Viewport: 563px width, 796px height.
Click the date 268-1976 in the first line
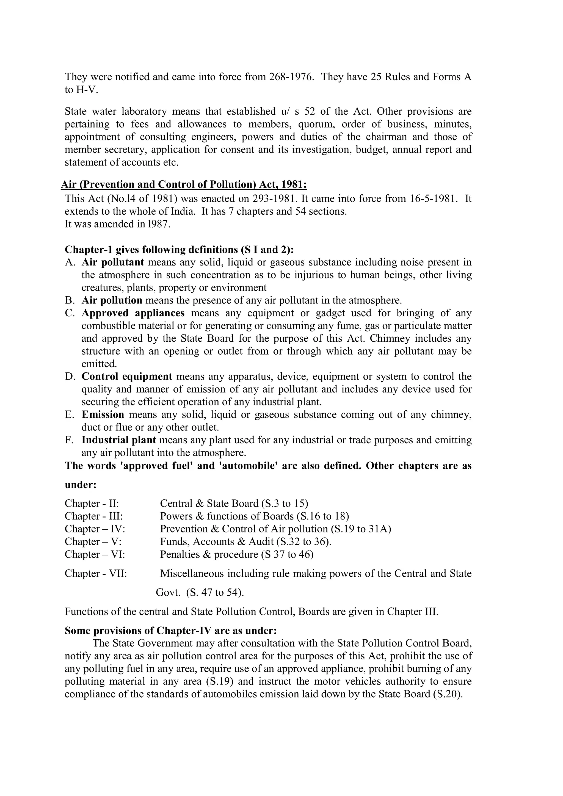[x=292, y=77]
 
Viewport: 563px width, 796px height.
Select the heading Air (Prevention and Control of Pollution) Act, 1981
[x=184, y=184]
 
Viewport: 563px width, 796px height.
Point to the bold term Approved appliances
[x=133, y=313]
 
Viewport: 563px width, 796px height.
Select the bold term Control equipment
[x=127, y=377]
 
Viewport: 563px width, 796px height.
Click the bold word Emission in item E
[x=103, y=415]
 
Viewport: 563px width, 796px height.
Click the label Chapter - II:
[x=92, y=503]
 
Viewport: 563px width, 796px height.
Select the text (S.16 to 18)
[x=323, y=516]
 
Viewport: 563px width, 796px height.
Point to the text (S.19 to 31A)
[x=361, y=529]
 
